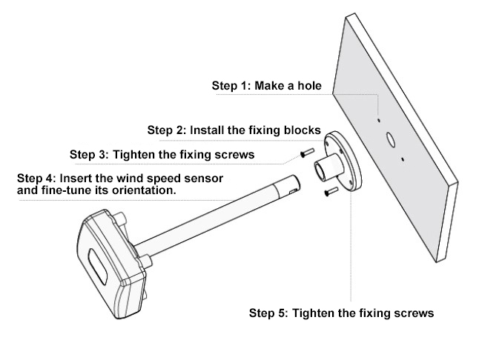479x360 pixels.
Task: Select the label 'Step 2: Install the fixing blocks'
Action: click(234, 130)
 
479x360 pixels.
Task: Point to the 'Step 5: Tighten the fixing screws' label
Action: click(341, 313)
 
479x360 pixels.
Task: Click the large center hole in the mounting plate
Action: click(390, 139)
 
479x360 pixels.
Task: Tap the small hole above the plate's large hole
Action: click(378, 119)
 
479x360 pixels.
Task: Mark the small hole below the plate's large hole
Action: click(401, 159)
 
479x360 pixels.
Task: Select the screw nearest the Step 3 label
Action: click(303, 153)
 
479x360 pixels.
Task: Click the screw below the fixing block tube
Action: click(329, 193)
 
